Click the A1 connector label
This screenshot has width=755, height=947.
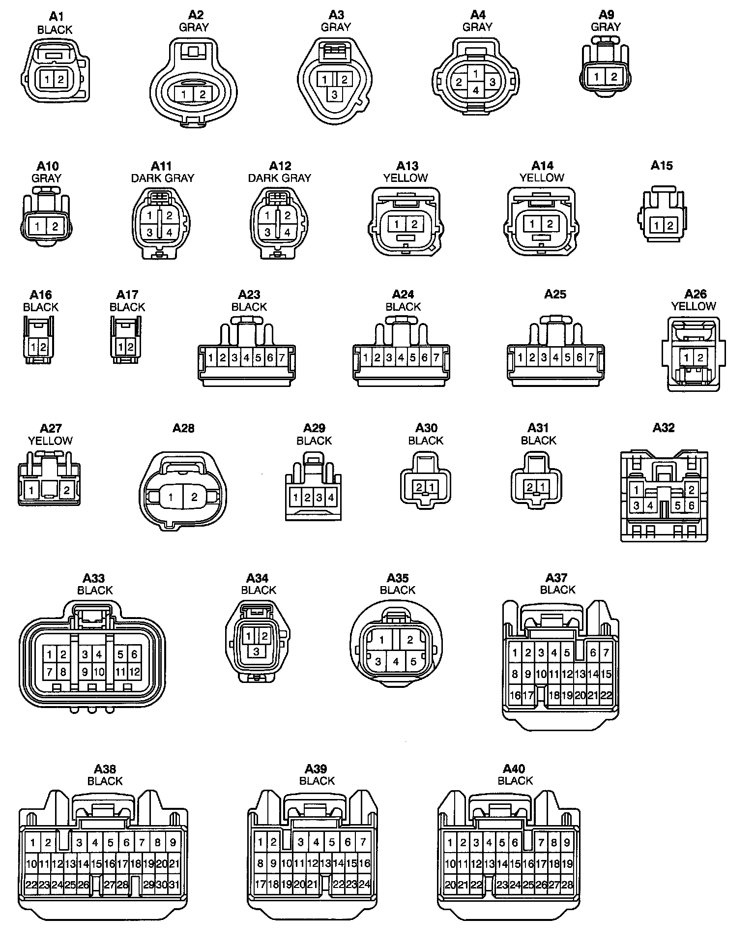tap(56, 16)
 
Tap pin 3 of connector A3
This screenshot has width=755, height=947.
tap(335, 94)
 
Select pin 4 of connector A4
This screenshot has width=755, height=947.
tap(475, 90)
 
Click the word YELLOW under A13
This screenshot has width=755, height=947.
tap(406, 178)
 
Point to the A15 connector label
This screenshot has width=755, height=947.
tap(662, 165)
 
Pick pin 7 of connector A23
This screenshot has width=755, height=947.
tap(282, 358)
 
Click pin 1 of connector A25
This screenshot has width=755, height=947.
tap(520, 357)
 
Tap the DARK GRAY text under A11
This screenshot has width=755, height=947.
tap(163, 178)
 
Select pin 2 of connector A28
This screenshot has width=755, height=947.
tap(194, 497)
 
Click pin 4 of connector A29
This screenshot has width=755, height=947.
tap(331, 498)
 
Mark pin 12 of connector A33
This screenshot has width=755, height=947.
tap(134, 671)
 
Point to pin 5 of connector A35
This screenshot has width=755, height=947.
tap(413, 661)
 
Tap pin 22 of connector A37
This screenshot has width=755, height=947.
tap(606, 695)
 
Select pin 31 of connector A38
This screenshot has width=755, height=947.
tap(174, 884)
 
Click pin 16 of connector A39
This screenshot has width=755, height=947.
tap(364, 863)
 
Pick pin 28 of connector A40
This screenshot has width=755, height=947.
tap(567, 885)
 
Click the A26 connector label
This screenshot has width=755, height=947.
tap(696, 294)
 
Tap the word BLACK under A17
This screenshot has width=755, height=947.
tap(127, 307)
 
